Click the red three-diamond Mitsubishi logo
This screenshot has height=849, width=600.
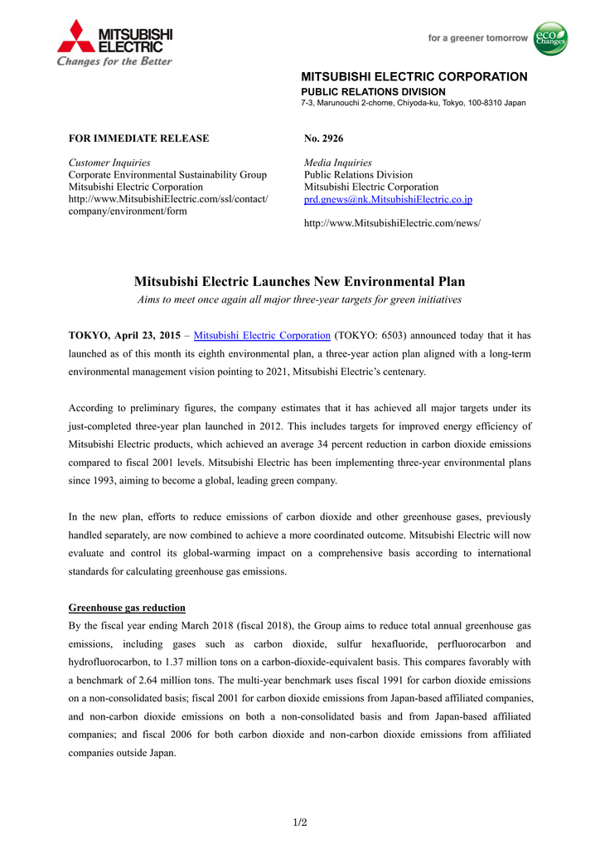(x=76, y=37)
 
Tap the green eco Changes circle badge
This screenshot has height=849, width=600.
(x=550, y=39)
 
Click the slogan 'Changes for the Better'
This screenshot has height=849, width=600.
(x=114, y=61)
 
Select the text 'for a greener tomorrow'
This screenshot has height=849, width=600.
(x=477, y=38)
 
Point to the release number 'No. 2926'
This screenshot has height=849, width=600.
(x=323, y=138)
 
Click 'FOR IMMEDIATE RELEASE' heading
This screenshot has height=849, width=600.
(x=138, y=138)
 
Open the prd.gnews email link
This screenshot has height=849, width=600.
(x=388, y=200)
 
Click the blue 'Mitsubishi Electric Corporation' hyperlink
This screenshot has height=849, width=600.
(x=262, y=336)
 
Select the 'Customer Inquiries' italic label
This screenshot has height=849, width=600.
(x=109, y=163)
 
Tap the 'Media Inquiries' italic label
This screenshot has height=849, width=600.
(x=338, y=163)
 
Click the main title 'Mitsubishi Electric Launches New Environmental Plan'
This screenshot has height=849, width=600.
(x=300, y=283)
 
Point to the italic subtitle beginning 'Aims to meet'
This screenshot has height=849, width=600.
(x=300, y=299)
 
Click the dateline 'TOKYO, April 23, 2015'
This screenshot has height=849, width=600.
(x=124, y=336)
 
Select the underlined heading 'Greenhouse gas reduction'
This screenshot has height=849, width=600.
(x=127, y=608)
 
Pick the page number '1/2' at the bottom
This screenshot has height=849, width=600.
(x=300, y=822)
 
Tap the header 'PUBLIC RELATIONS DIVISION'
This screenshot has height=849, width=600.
(x=373, y=91)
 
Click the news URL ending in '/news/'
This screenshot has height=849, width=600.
(x=392, y=223)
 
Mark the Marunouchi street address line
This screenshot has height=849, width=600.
(x=413, y=103)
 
